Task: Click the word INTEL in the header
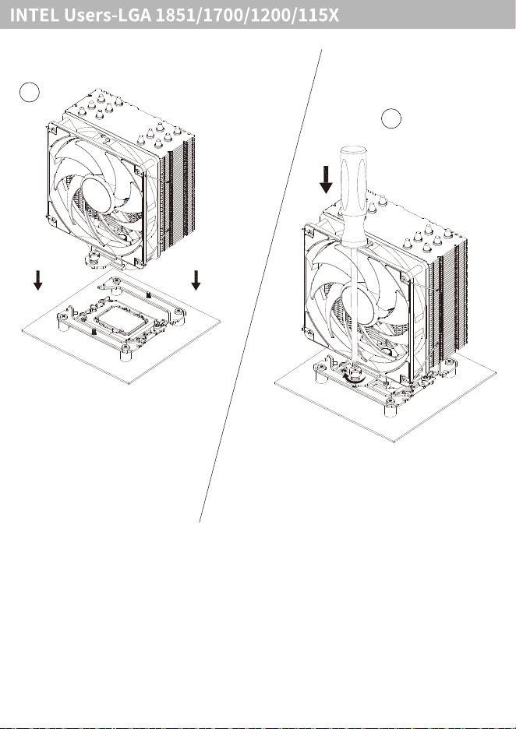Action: (x=34, y=16)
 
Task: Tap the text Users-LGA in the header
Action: (x=108, y=16)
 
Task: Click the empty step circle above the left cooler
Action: (x=30, y=92)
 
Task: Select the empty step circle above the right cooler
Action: (x=391, y=118)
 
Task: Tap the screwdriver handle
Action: (x=354, y=195)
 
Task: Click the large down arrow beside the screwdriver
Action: (x=326, y=179)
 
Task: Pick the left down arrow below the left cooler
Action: (x=37, y=280)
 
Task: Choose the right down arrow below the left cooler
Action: (x=196, y=280)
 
